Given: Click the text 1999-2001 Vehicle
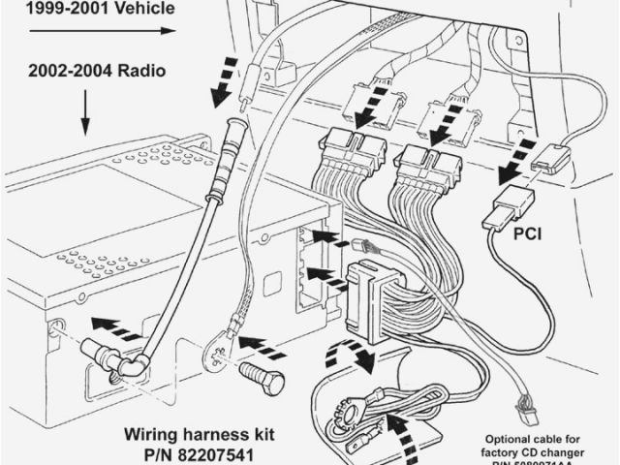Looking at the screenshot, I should (x=87, y=9).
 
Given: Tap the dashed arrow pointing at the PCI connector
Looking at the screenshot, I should (x=511, y=166).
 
